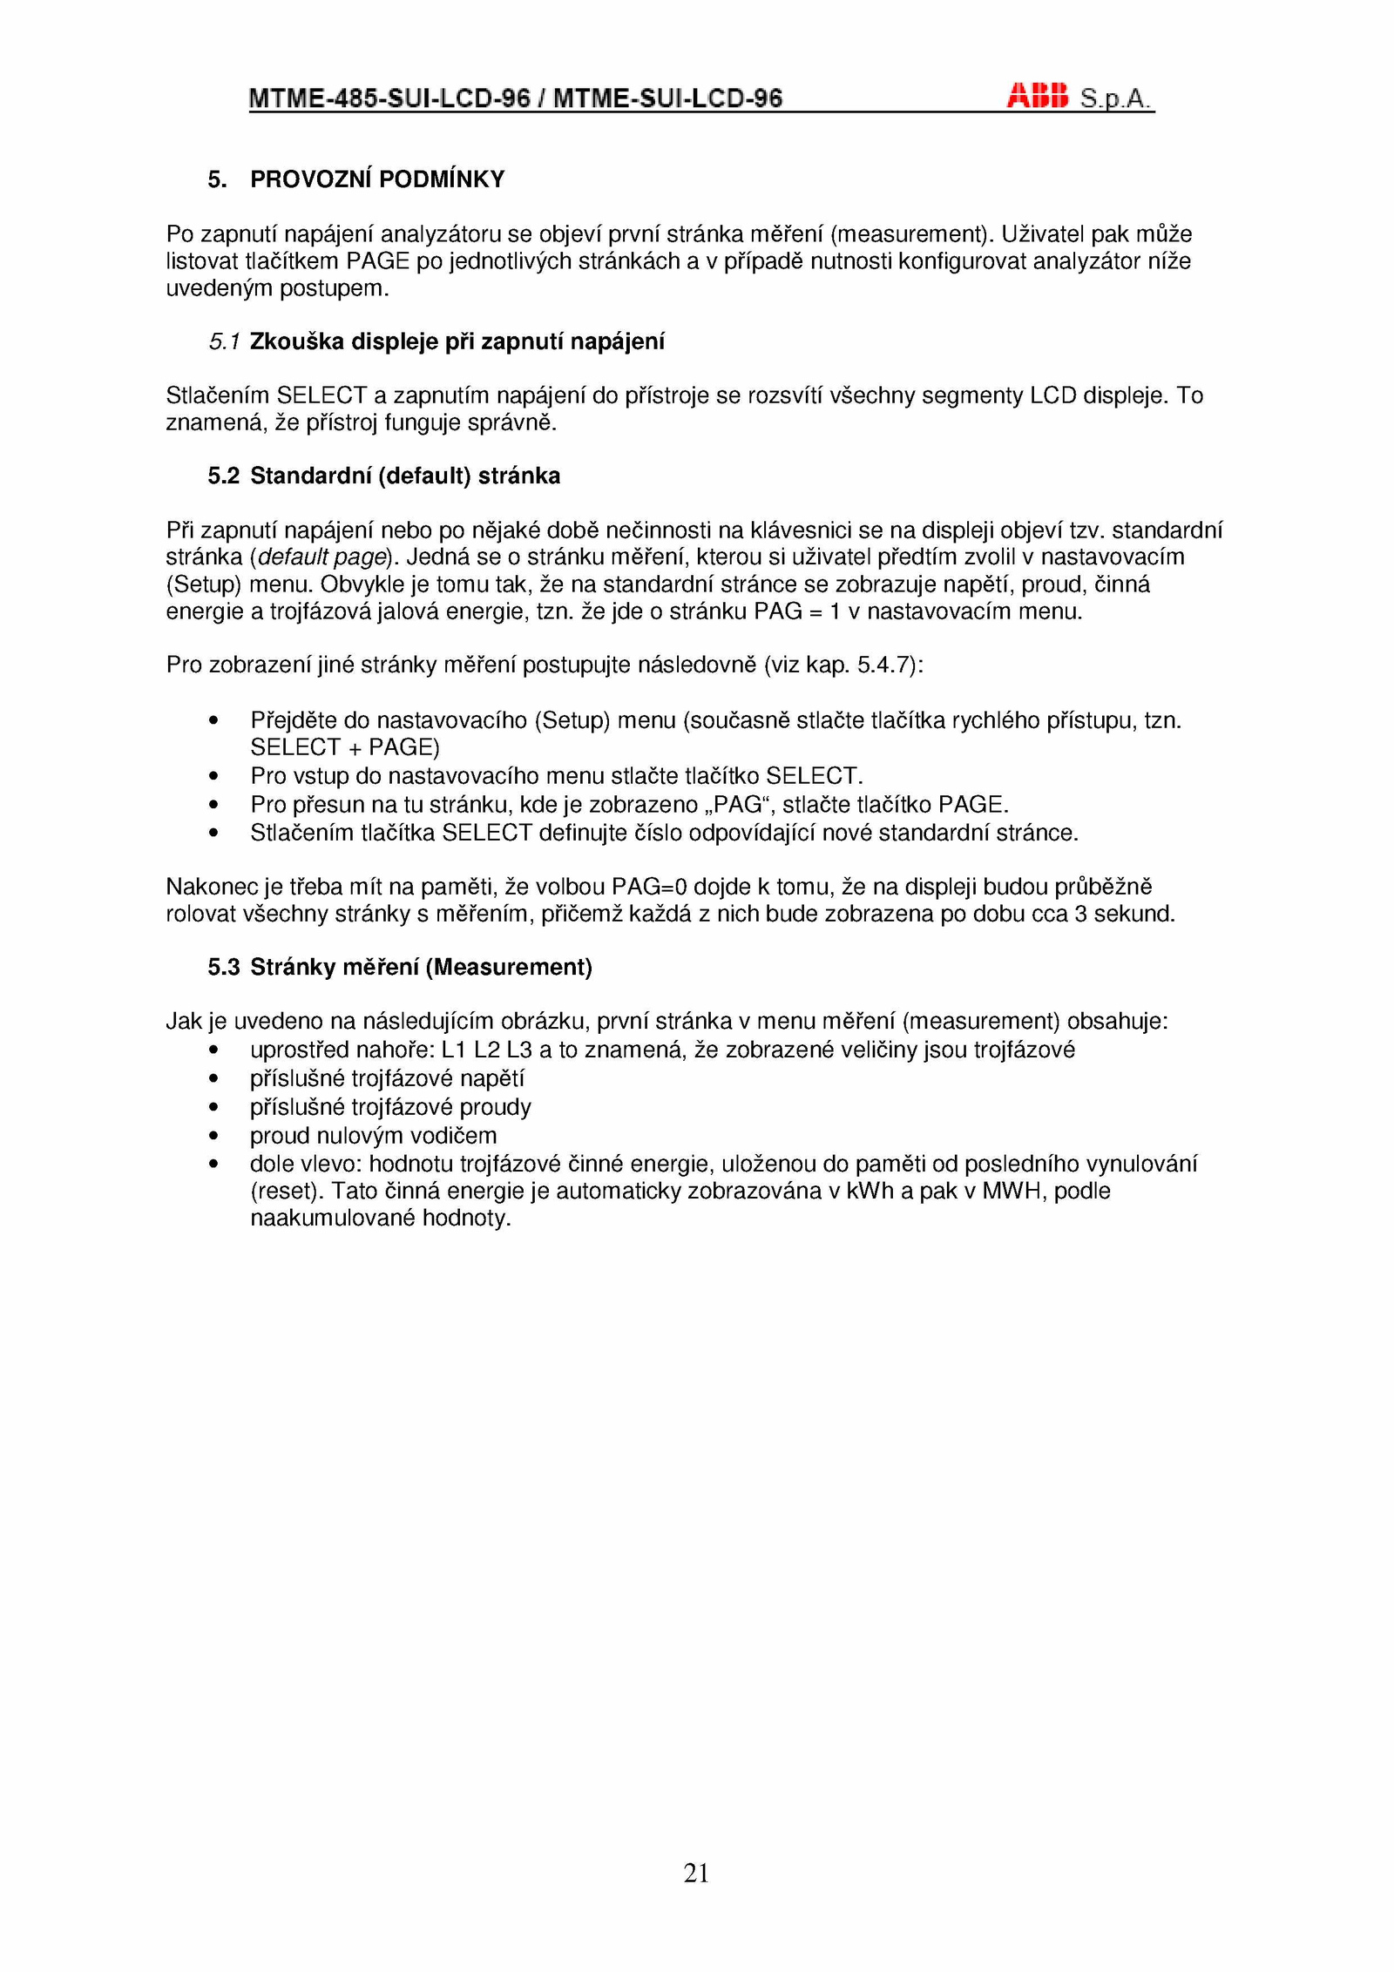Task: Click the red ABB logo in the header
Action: click(1037, 96)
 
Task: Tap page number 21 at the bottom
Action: click(696, 1872)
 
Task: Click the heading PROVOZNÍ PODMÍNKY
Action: click(377, 179)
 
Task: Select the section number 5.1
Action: click(224, 342)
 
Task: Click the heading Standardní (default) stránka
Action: click(405, 476)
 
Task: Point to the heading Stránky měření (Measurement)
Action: click(421, 968)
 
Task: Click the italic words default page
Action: click(321, 557)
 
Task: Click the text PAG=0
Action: click(649, 888)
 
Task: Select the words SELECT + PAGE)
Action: click(345, 748)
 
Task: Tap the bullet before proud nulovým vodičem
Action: click(213, 1137)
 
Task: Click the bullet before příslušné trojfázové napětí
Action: click(213, 1080)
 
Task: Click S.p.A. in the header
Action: click(1115, 98)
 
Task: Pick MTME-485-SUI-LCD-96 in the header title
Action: click(389, 98)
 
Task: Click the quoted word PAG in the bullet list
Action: click(737, 805)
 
